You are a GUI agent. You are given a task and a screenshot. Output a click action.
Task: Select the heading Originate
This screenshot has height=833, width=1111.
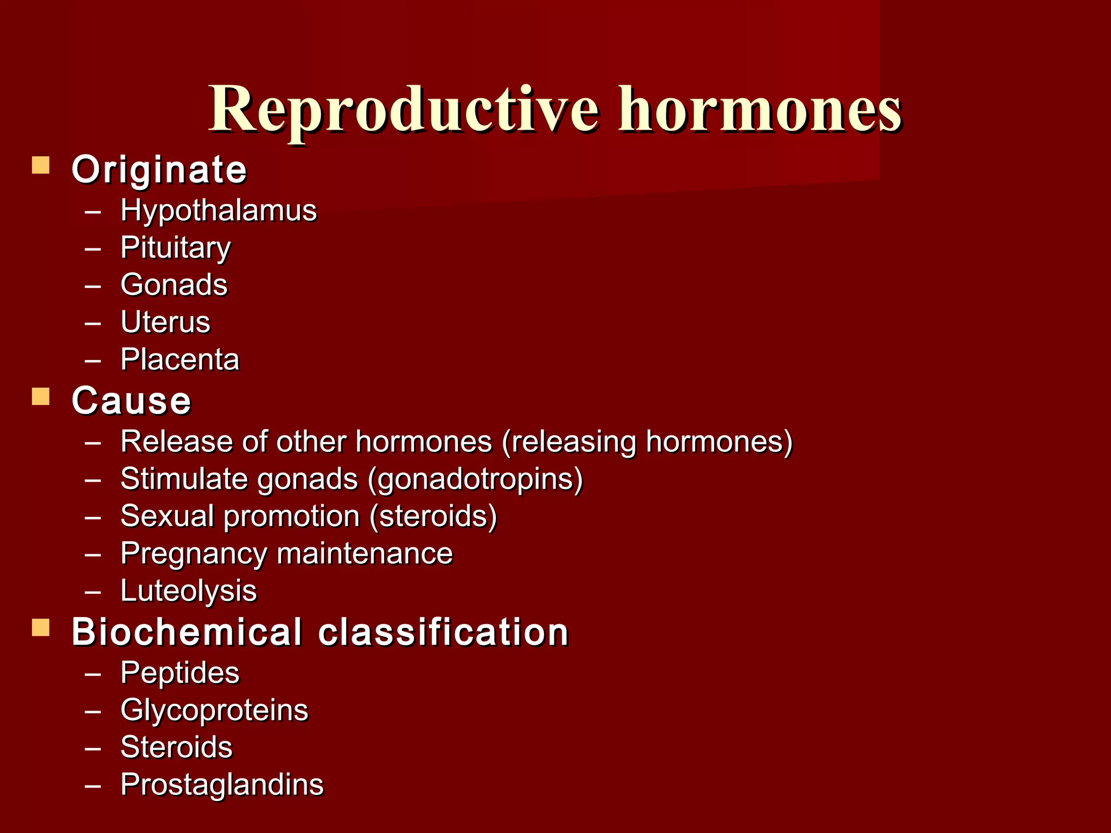(159, 170)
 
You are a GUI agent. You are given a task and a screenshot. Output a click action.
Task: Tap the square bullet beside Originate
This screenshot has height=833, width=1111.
(41, 165)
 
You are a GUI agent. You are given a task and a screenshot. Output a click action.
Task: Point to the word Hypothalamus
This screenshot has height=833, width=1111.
(218, 211)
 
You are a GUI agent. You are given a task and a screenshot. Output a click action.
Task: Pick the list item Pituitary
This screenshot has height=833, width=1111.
(175, 248)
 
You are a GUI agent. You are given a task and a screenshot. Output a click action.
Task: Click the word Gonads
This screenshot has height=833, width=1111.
(174, 285)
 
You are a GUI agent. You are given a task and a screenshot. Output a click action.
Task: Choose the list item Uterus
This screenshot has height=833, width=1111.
(165, 323)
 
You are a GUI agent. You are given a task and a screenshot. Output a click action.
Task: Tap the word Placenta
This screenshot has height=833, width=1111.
(180, 360)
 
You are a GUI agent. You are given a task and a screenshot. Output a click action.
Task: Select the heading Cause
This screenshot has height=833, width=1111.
(131, 401)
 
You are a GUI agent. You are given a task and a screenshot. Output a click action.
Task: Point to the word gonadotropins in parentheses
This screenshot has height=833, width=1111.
(475, 479)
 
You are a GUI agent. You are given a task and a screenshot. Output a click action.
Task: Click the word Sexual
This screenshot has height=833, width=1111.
(167, 516)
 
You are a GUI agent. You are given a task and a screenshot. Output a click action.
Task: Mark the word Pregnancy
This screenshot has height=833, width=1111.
(194, 554)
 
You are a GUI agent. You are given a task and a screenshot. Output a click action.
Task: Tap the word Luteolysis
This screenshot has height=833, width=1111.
(188, 591)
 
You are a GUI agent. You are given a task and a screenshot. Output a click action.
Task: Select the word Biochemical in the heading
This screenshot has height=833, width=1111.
(187, 632)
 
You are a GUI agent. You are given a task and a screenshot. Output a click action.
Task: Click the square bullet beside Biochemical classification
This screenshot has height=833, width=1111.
(41, 628)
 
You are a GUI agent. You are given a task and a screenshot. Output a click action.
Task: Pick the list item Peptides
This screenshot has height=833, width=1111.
(180, 674)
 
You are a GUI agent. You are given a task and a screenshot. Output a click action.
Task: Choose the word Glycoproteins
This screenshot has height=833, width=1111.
(214, 710)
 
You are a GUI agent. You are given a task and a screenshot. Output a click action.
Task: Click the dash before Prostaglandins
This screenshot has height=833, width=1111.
(93, 785)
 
